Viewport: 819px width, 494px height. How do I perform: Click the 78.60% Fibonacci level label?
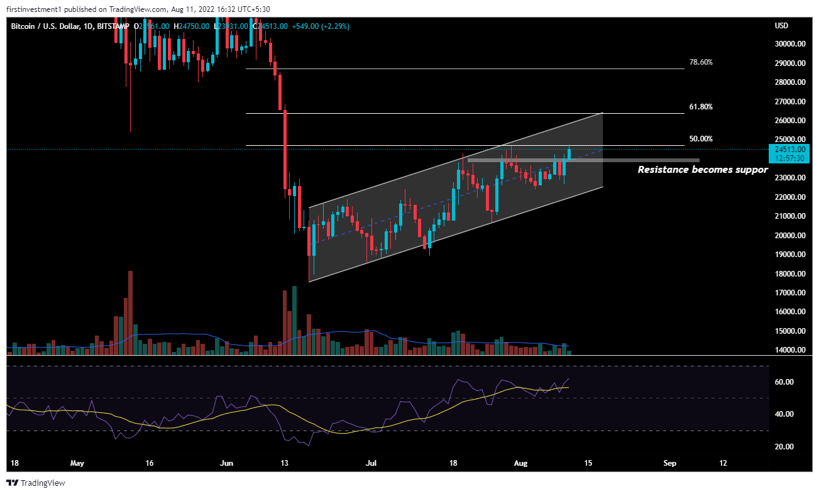pyautogui.click(x=701, y=62)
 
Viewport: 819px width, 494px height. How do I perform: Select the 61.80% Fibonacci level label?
pyautogui.click(x=701, y=107)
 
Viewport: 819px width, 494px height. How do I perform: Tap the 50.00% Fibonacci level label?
pyautogui.click(x=701, y=138)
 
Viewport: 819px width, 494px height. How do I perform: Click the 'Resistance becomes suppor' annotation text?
pyautogui.click(x=703, y=170)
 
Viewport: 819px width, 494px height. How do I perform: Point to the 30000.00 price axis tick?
pyautogui.click(x=790, y=44)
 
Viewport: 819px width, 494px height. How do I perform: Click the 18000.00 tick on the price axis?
pyautogui.click(x=790, y=274)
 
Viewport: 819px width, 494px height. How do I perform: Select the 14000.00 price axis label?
pyautogui.click(x=790, y=350)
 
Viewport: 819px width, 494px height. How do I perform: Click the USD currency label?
pyautogui.click(x=782, y=26)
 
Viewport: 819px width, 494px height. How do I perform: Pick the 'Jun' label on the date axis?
pyautogui.click(x=228, y=463)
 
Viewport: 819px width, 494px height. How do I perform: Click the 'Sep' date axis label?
pyautogui.click(x=670, y=463)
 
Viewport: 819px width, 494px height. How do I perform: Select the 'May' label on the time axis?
pyautogui.click(x=77, y=463)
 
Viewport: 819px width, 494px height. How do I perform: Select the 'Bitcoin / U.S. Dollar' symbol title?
pyautogui.click(x=46, y=26)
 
